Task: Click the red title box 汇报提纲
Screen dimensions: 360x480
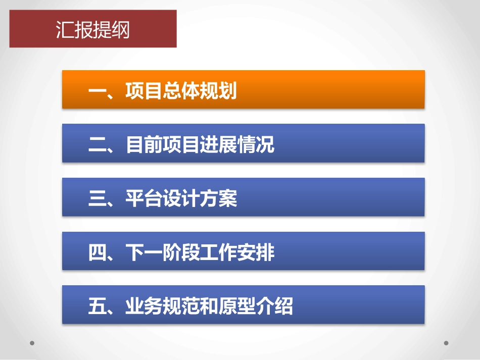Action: pos(93,29)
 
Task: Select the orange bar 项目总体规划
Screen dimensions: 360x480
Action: pos(243,89)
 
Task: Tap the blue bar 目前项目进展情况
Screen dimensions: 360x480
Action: pos(243,143)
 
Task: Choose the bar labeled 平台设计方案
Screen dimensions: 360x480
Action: pos(243,197)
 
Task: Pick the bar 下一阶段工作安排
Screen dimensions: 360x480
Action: pos(243,251)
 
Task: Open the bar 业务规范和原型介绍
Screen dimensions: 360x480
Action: pos(243,304)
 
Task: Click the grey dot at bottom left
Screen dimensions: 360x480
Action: pos(32,343)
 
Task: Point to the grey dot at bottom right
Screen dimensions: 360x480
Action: pos(446,343)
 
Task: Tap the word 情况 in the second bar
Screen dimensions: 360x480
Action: pos(256,145)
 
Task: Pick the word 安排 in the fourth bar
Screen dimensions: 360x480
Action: pos(256,253)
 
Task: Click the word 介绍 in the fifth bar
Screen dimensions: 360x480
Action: pos(274,306)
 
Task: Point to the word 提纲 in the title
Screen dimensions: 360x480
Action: pos(112,30)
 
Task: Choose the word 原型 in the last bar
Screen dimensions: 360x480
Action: pos(237,306)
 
